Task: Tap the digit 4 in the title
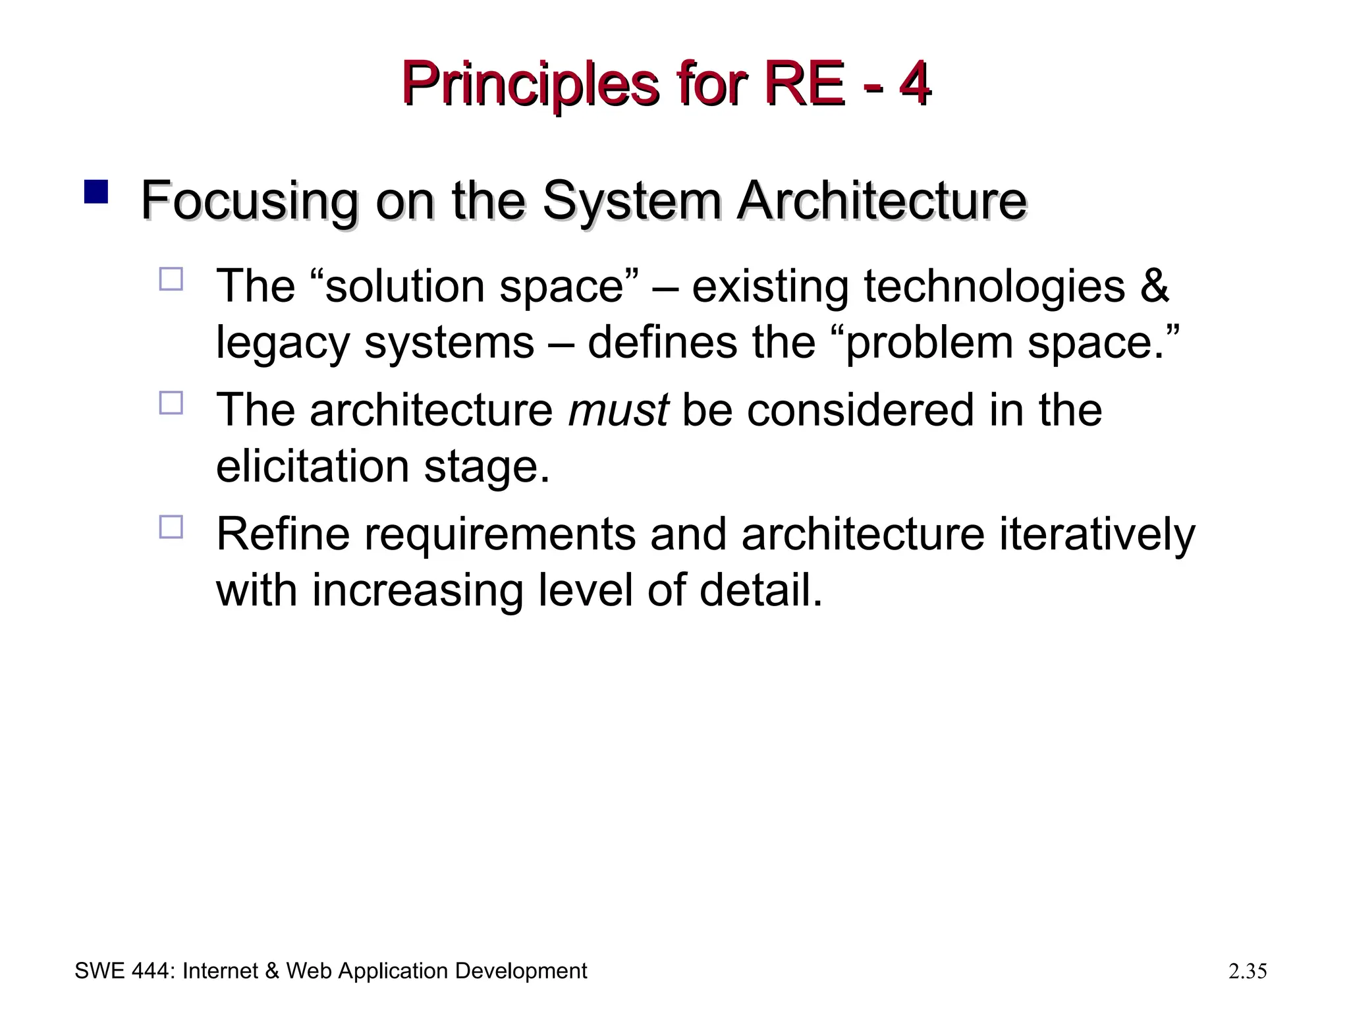point(914,84)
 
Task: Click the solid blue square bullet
point(96,192)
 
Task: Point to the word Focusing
point(249,202)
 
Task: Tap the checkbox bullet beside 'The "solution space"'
point(171,279)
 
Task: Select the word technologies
point(994,287)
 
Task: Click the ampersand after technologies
point(1154,287)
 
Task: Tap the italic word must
point(618,410)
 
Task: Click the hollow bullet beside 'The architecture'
point(171,403)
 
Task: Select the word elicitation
point(313,466)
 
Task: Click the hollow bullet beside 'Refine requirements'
point(171,527)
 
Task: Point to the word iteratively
point(1097,534)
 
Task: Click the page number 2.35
point(1248,971)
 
